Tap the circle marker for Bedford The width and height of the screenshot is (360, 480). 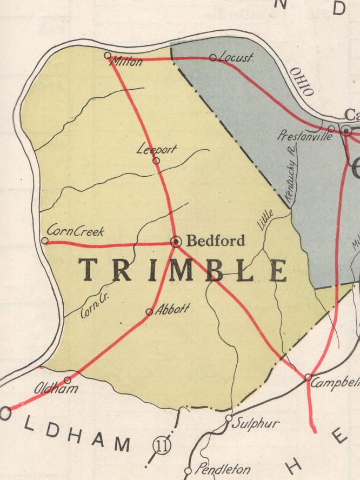click(176, 242)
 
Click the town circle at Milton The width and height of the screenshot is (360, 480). click(107, 55)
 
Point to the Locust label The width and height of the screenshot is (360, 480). click(236, 57)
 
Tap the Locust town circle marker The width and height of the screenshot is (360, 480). click(212, 57)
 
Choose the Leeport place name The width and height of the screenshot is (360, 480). click(156, 149)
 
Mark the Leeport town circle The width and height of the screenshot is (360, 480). click(156, 161)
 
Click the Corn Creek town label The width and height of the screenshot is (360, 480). click(75, 231)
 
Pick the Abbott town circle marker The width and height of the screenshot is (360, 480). click(149, 311)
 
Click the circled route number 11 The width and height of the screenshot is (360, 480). click(161, 445)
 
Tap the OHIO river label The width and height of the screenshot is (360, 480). click(301, 82)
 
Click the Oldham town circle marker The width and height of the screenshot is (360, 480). click(68, 380)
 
